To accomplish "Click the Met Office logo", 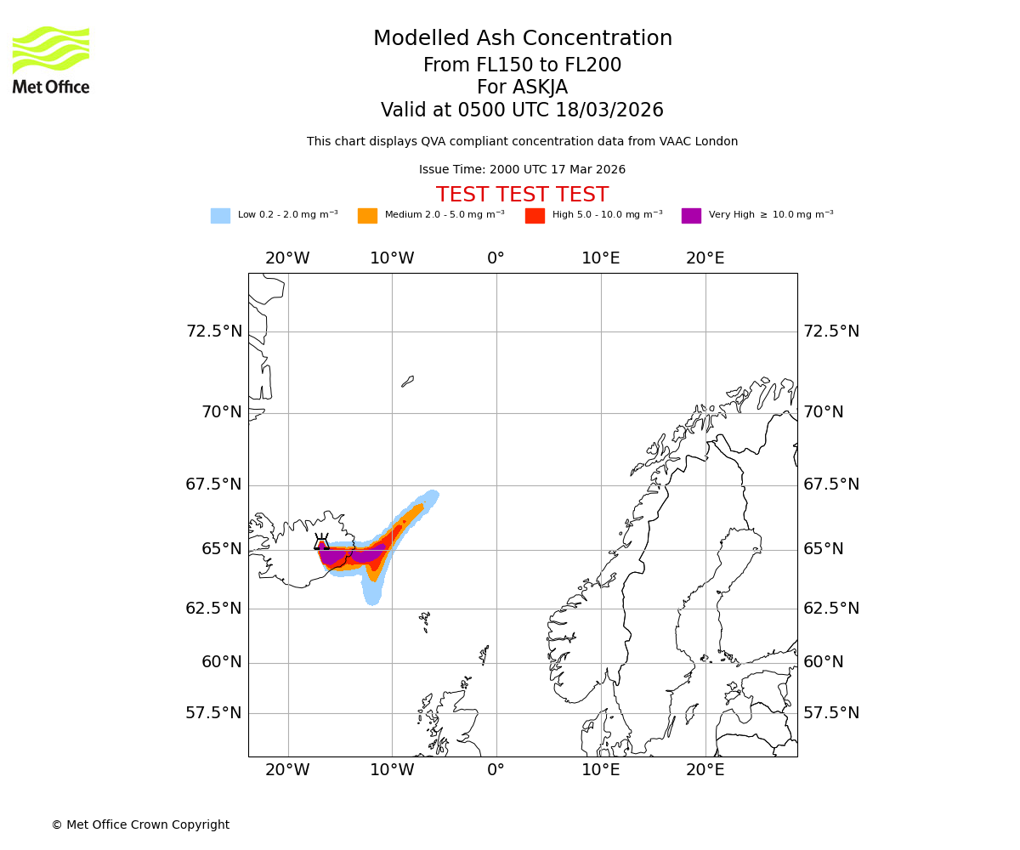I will point(51,59).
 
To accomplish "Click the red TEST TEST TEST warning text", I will point(522,195).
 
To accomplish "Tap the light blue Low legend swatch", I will point(220,216).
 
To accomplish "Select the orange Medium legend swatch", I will point(367,216).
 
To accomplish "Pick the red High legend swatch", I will point(535,216).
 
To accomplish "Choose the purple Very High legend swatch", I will point(691,216).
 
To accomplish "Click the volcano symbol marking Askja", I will point(321,542).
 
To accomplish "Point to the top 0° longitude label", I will point(496,258).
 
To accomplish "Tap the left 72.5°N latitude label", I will point(214,331).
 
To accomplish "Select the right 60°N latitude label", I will point(824,662).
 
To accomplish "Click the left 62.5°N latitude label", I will point(214,609).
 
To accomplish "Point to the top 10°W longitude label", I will point(392,258).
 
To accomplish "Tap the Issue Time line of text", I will point(522,170).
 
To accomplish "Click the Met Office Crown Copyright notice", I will point(140,825).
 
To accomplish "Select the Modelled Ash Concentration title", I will point(522,39).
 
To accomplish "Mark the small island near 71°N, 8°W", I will point(408,382).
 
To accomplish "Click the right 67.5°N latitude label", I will point(831,484).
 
